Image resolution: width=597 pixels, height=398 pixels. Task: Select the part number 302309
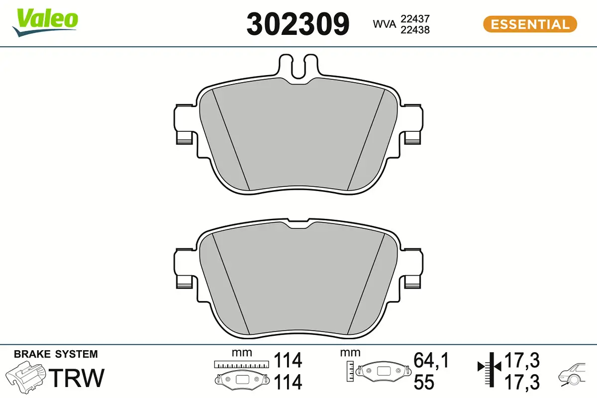[x=298, y=24]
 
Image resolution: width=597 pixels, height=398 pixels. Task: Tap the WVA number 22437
[x=415, y=18]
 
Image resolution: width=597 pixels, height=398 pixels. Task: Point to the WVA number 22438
[x=415, y=30]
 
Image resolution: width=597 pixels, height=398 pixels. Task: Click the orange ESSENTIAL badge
[x=530, y=24]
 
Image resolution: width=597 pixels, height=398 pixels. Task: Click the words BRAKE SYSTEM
[x=56, y=354]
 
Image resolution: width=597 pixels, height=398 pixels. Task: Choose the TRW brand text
[x=79, y=378]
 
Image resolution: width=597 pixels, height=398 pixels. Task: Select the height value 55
[x=424, y=382]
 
